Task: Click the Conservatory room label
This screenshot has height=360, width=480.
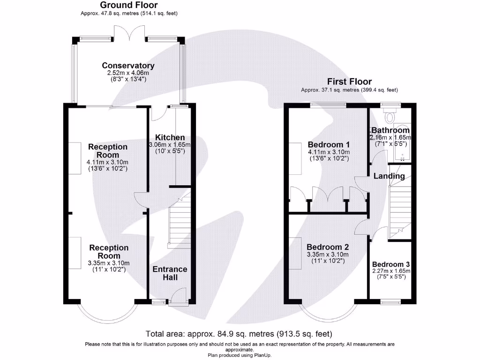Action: click(x=128, y=66)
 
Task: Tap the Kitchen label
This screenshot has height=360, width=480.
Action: click(x=170, y=137)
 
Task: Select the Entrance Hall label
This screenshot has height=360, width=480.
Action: click(x=170, y=273)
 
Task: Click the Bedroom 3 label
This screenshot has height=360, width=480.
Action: click(x=391, y=264)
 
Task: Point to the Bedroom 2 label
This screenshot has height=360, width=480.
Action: click(x=328, y=247)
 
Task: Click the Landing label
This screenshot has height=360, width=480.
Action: click(x=389, y=176)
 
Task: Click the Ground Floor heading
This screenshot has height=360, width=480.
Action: click(x=129, y=5)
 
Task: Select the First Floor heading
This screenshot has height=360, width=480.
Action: click(x=349, y=82)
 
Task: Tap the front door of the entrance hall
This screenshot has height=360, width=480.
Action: click(x=179, y=296)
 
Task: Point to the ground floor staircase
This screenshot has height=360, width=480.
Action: click(x=180, y=220)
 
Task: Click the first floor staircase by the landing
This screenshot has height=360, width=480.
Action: click(x=400, y=202)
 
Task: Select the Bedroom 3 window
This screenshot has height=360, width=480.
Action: click(x=390, y=302)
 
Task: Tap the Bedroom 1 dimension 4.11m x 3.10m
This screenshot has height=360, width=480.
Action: click(x=329, y=152)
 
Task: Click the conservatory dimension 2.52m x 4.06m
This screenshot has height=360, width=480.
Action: click(x=128, y=73)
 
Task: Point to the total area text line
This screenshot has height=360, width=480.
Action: click(x=239, y=334)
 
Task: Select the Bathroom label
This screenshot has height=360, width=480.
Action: click(x=390, y=130)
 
